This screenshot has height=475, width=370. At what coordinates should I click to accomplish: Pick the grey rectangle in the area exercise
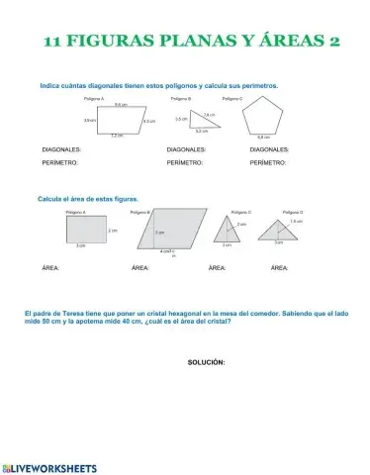coord(85,230)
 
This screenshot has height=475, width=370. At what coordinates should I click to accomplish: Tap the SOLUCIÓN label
coord(207,363)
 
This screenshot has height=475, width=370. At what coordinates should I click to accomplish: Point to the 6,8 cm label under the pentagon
coord(264,137)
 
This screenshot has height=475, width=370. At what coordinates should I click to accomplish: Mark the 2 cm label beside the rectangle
coord(113,230)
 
